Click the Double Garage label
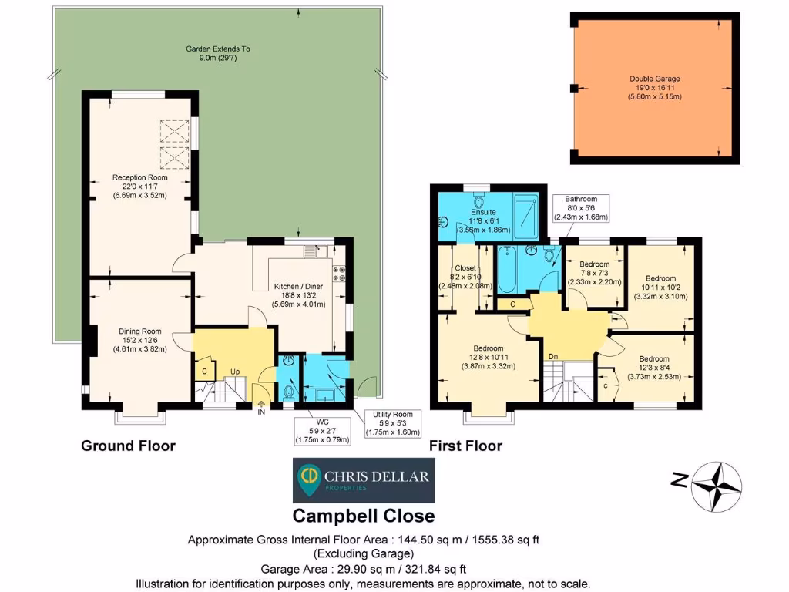(x=655, y=88)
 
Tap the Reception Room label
(x=140, y=187)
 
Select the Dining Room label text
(x=140, y=340)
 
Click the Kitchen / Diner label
(x=298, y=295)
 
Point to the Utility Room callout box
(x=392, y=423)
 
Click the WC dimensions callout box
(x=322, y=431)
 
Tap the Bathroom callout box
(x=581, y=208)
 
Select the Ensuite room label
(x=484, y=221)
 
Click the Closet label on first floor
(x=465, y=277)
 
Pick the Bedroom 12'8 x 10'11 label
(x=488, y=358)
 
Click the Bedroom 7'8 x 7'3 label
(x=594, y=274)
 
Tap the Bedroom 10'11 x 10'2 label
(x=660, y=288)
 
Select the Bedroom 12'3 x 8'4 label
(x=654, y=368)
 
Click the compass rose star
(x=717, y=487)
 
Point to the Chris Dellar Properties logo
(x=364, y=480)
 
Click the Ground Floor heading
(x=129, y=446)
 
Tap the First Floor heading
(x=465, y=446)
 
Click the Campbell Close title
(x=364, y=516)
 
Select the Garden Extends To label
(x=218, y=53)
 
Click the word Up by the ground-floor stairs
(x=235, y=372)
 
